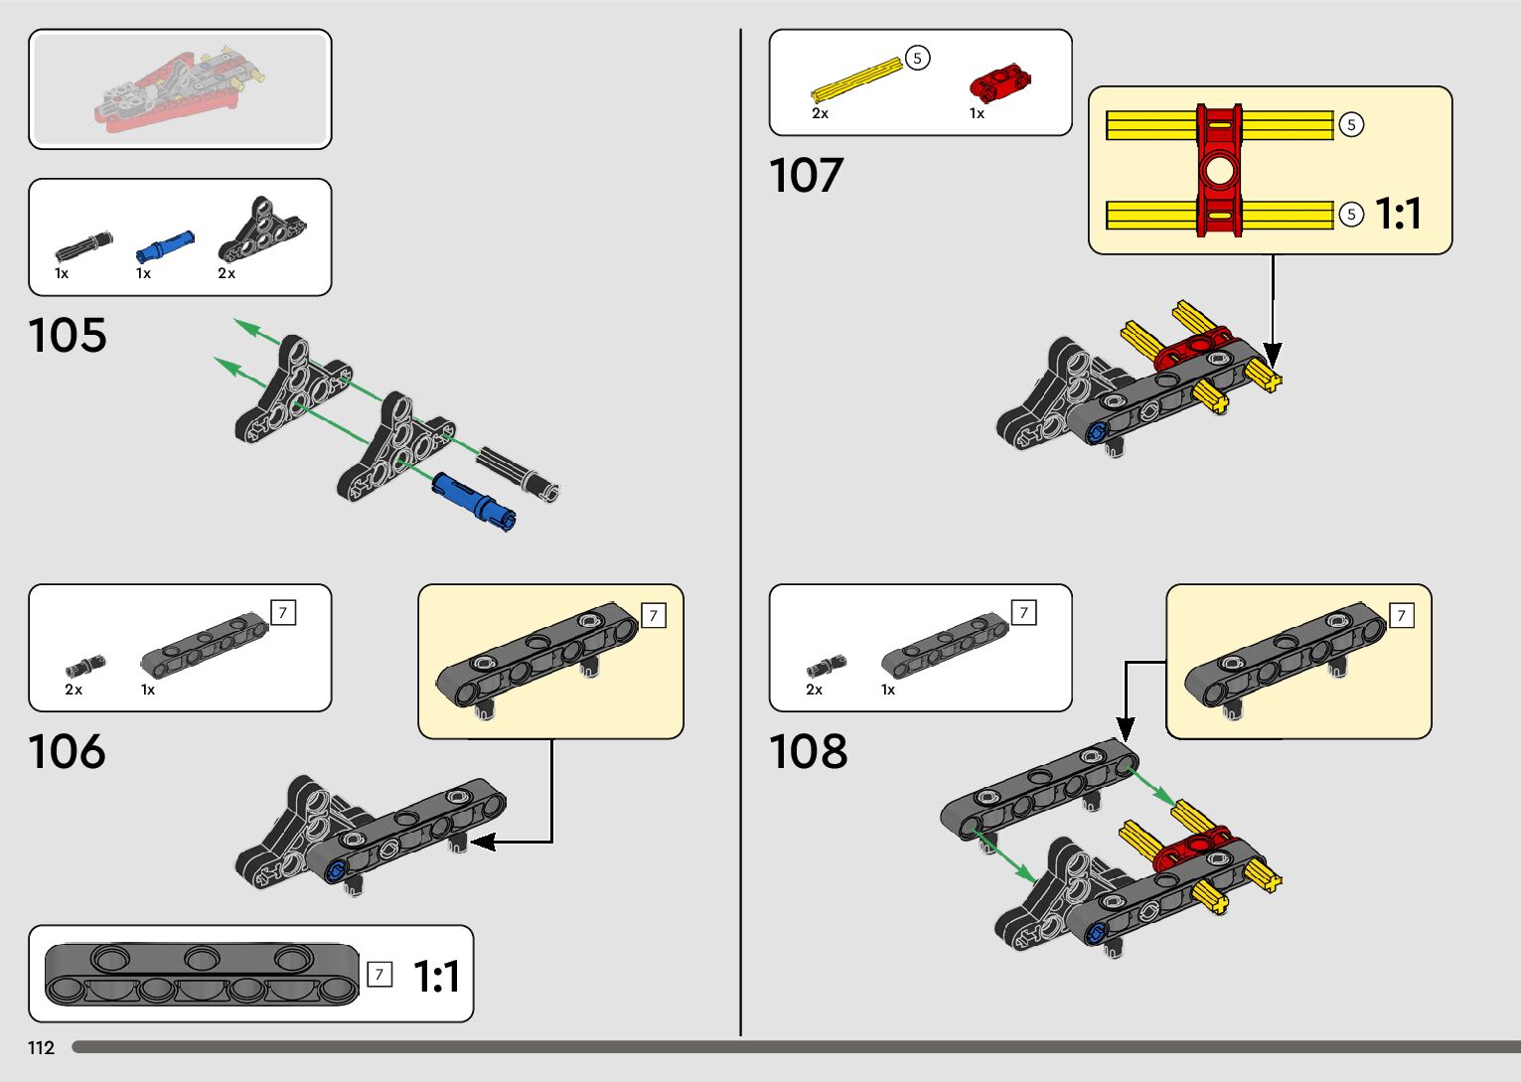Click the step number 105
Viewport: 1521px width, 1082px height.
point(68,336)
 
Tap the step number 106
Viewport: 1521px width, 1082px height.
point(67,752)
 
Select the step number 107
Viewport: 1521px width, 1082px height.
point(806,176)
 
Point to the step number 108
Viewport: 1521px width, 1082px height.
point(808,752)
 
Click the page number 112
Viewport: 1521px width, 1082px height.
point(41,1048)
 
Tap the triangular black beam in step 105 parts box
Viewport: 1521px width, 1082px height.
point(262,231)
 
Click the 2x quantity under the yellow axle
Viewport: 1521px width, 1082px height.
point(820,113)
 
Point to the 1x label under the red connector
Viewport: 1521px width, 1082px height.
point(977,113)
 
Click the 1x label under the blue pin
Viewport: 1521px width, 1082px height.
point(143,273)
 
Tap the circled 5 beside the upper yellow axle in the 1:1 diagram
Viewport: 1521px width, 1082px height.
point(1351,125)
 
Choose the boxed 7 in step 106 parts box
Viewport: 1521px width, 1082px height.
point(283,613)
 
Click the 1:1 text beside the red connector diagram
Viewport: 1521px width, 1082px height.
point(1398,214)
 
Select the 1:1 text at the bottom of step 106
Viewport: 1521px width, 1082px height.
point(436,977)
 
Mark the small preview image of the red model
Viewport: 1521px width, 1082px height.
point(180,89)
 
